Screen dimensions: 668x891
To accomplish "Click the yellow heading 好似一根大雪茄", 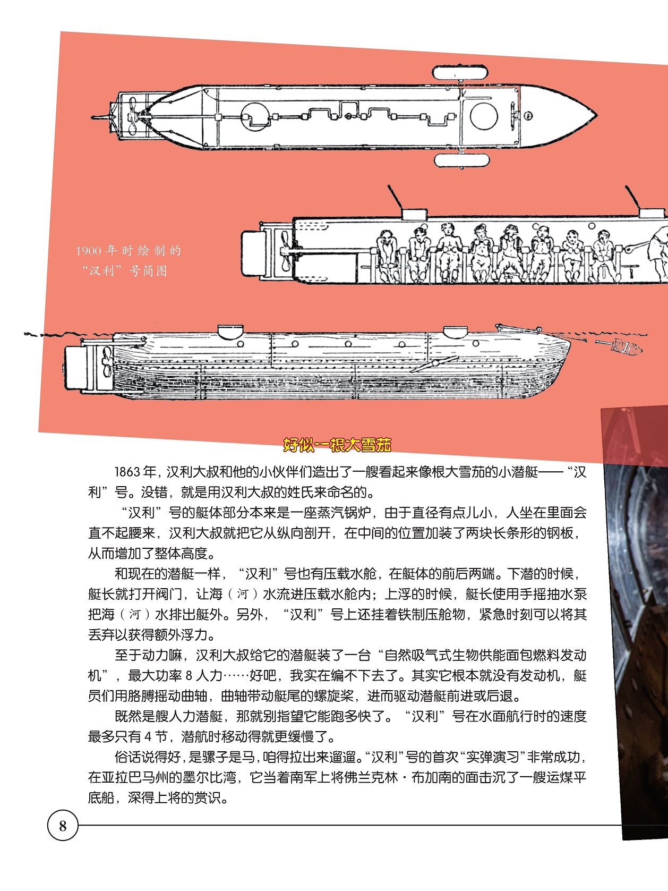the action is [x=337, y=445].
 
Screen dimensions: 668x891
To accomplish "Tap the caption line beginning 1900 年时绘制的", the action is [x=129, y=251].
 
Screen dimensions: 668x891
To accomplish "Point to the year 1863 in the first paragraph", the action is [x=128, y=472].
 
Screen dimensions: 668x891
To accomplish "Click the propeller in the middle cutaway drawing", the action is [x=285, y=250].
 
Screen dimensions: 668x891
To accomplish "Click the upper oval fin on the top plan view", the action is [x=460, y=72].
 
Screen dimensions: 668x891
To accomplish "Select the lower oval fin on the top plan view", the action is [x=461, y=160].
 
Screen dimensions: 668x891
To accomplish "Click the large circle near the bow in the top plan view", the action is [x=483, y=116].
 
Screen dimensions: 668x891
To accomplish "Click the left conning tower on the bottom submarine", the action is [x=230, y=331].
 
